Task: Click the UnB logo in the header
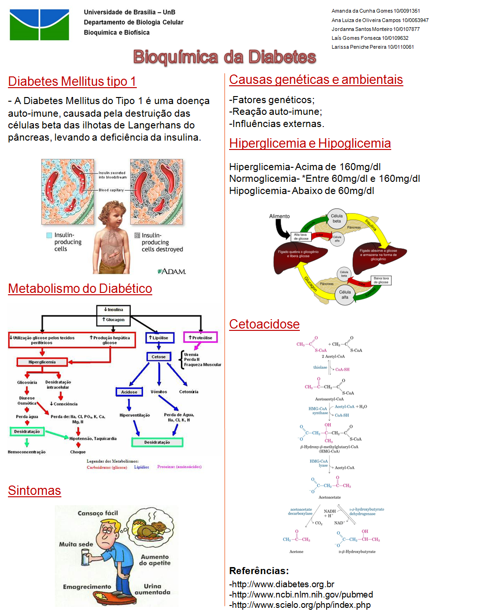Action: [x=39, y=25]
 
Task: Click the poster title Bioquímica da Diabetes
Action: [x=224, y=57]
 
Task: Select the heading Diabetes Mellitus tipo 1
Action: [x=72, y=82]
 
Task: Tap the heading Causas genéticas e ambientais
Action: [x=316, y=80]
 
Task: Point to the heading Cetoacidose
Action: [x=264, y=324]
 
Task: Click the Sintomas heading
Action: [x=35, y=491]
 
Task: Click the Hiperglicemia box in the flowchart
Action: [x=42, y=362]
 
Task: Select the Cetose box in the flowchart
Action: [x=158, y=357]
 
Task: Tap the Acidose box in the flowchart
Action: [x=129, y=392]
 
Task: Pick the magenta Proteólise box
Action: [x=201, y=337]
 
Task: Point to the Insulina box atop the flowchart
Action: [x=113, y=310]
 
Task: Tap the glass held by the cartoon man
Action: [x=86, y=557]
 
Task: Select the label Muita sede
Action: [x=76, y=544]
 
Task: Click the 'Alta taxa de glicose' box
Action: [x=301, y=236]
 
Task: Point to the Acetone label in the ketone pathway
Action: [x=296, y=552]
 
